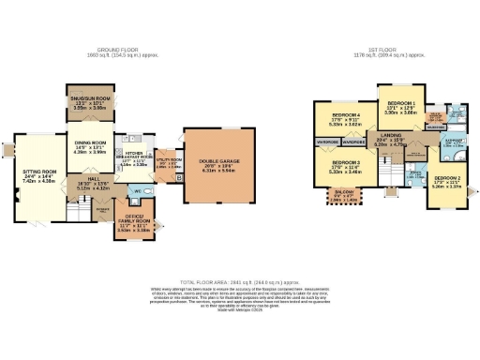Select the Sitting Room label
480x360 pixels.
(x=40, y=173)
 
